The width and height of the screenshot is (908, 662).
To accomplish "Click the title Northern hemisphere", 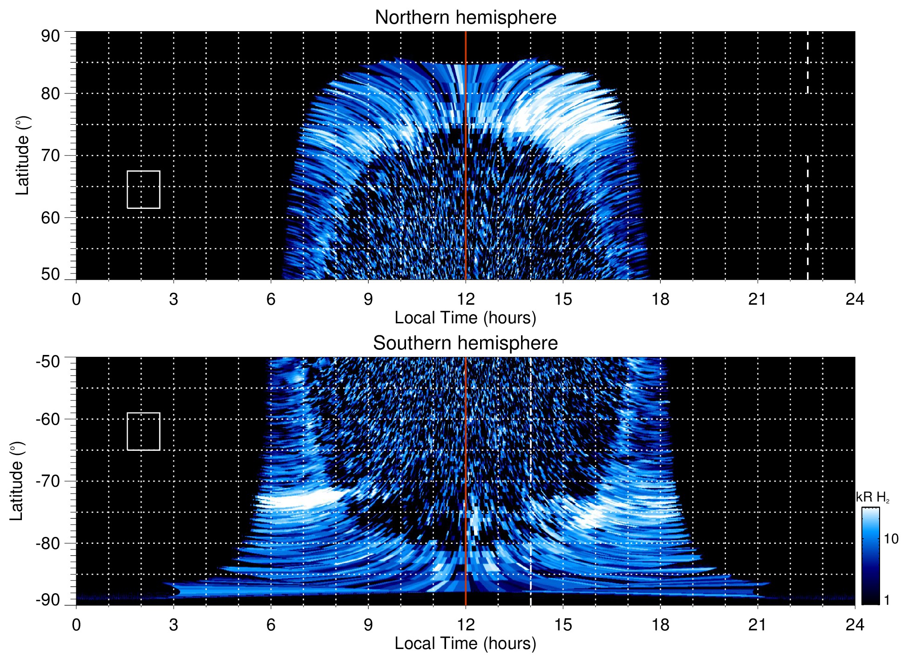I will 465,18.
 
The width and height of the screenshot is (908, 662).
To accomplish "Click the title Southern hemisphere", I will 465,343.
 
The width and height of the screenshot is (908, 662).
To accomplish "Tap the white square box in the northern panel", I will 143,189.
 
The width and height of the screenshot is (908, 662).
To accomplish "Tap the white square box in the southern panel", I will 143,431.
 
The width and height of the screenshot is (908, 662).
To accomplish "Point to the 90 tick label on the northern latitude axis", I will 50,36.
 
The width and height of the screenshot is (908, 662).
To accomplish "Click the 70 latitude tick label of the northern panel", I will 50,155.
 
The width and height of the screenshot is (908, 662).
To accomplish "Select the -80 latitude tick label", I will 48,543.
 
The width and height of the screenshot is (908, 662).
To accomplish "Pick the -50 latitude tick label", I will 48,361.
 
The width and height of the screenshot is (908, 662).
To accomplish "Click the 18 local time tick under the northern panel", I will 660,299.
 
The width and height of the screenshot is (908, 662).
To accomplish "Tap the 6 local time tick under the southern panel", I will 271,625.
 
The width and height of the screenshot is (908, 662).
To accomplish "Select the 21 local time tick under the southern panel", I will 758,625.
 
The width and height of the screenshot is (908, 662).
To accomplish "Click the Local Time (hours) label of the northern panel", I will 465,318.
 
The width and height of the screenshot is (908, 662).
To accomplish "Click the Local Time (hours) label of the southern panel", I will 465,643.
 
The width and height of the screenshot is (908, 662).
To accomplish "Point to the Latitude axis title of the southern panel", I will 17,481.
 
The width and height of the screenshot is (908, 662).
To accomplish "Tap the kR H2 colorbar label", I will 873,497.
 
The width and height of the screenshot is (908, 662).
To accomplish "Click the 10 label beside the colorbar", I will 891,539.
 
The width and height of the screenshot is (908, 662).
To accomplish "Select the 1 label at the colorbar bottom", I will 887,600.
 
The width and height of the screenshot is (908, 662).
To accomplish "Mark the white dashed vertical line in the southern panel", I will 531,465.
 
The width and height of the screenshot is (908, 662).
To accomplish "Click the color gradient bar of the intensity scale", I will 870,556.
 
